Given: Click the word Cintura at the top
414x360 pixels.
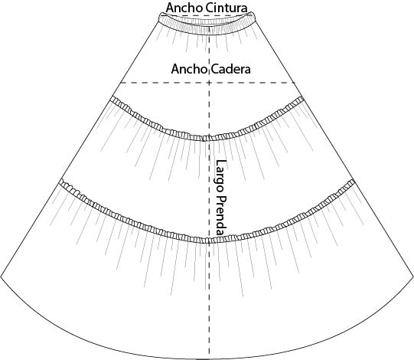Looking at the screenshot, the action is [227, 8].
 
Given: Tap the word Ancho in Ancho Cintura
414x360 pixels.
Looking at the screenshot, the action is [185, 8].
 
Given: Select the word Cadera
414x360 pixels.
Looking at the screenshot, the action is [230, 69].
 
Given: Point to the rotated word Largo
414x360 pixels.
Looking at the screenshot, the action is [221, 175].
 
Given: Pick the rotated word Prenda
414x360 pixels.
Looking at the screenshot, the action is [221, 215].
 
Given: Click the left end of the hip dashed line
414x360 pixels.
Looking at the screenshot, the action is [121, 83].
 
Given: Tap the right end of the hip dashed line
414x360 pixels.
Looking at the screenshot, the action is [295, 83].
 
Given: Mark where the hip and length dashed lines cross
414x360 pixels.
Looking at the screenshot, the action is [209, 83].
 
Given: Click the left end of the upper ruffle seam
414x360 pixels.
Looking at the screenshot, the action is [111, 99].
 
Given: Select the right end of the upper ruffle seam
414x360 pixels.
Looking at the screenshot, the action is [304, 99].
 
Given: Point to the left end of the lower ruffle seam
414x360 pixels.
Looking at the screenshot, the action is [60, 182].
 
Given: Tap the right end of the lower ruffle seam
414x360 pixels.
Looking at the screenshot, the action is [354, 182].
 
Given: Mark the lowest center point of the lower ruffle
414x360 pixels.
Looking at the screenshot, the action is [209, 242].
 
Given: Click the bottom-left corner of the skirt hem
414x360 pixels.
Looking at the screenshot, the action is [1, 277].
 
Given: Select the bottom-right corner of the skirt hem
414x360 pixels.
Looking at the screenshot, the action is [413, 277].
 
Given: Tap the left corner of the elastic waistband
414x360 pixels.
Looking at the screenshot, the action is [159, 18].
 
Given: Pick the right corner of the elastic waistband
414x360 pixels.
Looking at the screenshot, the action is [256, 16].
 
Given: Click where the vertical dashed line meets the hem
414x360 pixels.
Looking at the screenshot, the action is [209, 359].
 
